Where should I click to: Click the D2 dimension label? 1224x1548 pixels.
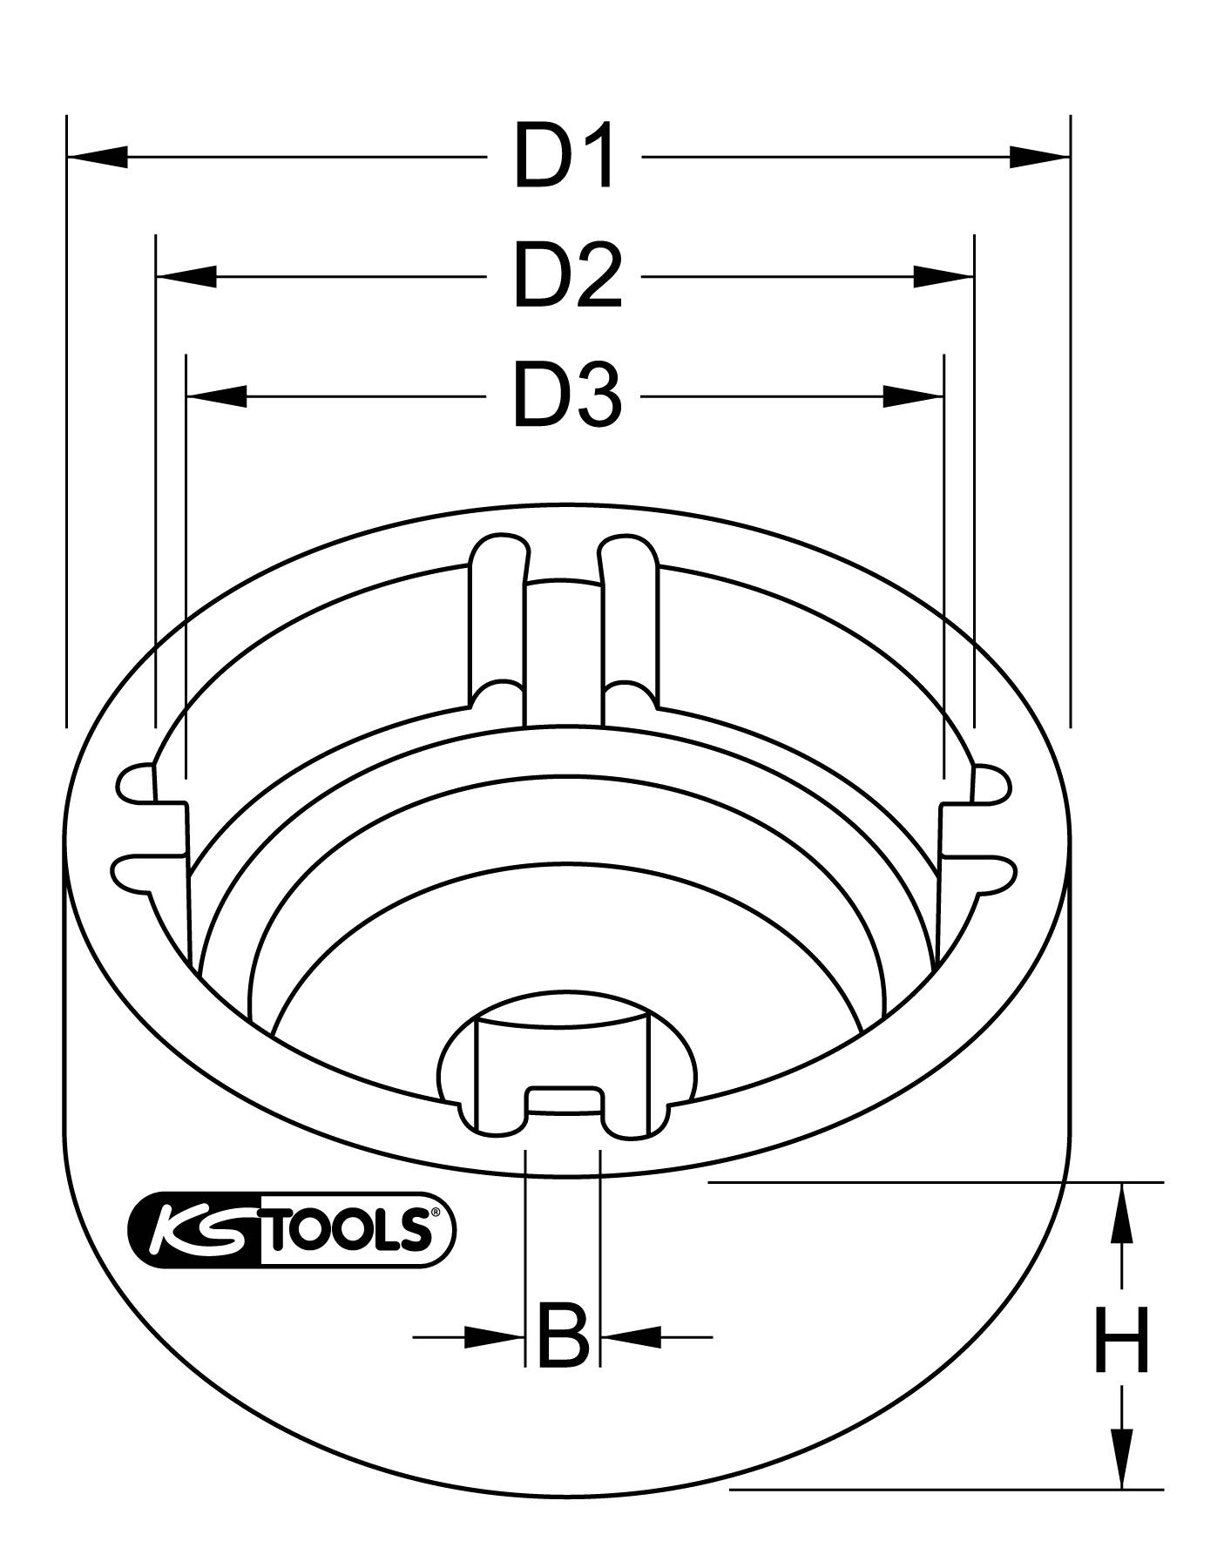(x=567, y=277)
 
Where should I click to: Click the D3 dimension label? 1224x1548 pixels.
(x=567, y=396)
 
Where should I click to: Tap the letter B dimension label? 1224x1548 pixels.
(x=563, y=1360)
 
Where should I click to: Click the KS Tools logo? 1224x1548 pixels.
(x=291, y=1230)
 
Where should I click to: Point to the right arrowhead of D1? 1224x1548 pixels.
(x=1039, y=158)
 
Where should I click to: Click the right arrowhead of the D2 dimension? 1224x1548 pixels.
(x=943, y=277)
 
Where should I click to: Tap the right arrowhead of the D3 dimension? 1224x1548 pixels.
(x=913, y=396)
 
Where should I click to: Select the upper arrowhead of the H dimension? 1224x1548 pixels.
(x=1122, y=1212)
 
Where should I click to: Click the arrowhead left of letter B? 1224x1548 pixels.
(x=493, y=1360)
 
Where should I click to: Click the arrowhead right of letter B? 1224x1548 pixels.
(x=631, y=1360)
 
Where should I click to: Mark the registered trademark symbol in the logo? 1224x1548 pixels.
(x=436, y=1212)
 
